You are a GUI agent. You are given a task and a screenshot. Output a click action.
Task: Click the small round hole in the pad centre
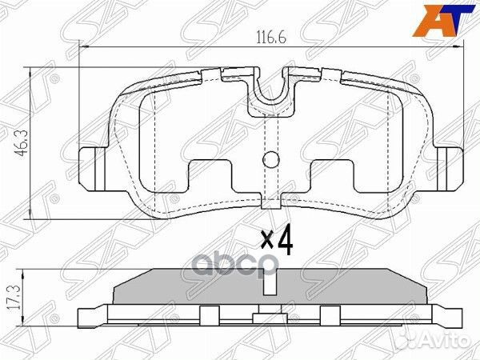272,160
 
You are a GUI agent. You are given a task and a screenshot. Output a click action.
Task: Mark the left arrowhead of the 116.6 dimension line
83,50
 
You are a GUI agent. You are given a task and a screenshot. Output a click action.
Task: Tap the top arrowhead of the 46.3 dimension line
30,71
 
